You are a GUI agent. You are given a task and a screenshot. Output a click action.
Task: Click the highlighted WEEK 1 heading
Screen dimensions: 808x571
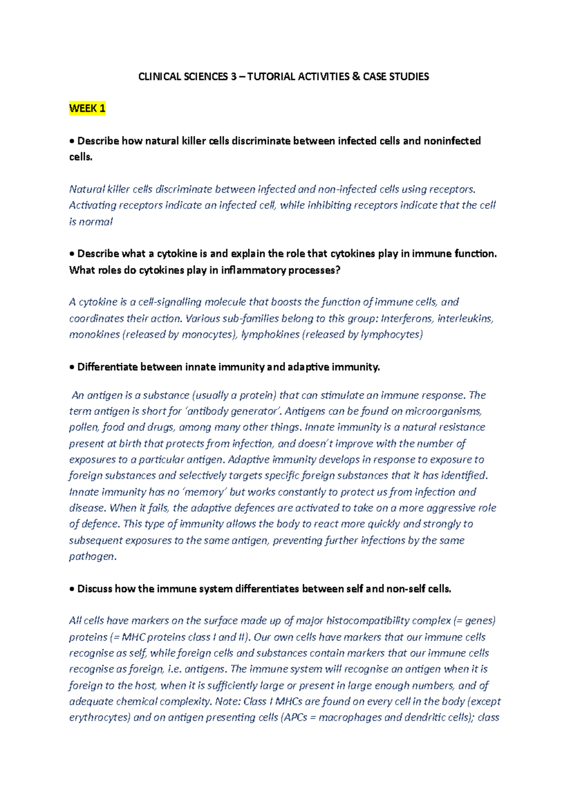[87, 108]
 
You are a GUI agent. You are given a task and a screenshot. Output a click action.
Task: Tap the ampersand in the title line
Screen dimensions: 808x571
[355, 77]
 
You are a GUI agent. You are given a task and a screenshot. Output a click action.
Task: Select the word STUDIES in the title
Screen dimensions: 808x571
[410, 77]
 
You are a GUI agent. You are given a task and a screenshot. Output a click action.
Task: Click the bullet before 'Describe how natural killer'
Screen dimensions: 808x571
[72, 141]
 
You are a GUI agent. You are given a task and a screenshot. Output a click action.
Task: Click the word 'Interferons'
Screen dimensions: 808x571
[407, 318]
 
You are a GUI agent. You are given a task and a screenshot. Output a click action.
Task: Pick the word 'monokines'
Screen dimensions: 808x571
[94, 335]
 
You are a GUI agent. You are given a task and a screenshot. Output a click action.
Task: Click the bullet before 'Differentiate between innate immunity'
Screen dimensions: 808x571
[72, 367]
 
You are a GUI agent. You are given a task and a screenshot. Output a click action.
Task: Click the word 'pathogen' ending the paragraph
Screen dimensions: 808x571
[92, 557]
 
